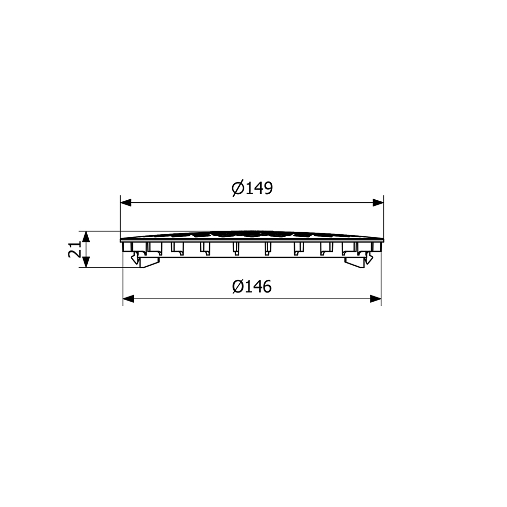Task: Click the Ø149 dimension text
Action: coord(252,188)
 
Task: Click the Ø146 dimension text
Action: coord(252,286)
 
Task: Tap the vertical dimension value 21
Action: coord(75,249)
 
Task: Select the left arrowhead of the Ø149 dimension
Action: coord(126,203)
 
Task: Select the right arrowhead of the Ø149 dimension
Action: coord(378,203)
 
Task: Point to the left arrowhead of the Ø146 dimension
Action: coord(128,299)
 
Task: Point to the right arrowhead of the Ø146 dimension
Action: coord(375,299)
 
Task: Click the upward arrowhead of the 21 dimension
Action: coord(86,237)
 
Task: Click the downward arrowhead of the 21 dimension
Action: coord(86,262)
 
